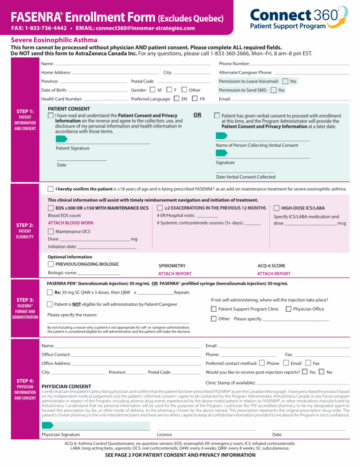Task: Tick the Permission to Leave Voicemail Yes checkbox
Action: tap(285, 81)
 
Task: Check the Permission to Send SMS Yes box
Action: tap(273, 90)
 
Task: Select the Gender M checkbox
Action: tap(152, 90)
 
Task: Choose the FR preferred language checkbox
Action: tap(194, 99)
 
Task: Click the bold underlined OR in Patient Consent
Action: tap(197, 114)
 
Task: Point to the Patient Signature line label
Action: tap(73, 148)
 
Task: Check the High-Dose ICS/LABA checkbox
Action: tap(277, 208)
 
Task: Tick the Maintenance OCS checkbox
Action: tap(51, 232)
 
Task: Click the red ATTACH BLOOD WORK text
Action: tap(71, 223)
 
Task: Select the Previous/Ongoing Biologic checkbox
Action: tap(51, 264)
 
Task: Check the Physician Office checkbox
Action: tap(288, 309)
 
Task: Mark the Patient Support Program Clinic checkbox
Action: tap(214, 309)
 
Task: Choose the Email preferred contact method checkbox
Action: tap(286, 363)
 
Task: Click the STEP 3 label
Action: tap(25, 300)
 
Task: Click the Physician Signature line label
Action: tap(60, 435)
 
